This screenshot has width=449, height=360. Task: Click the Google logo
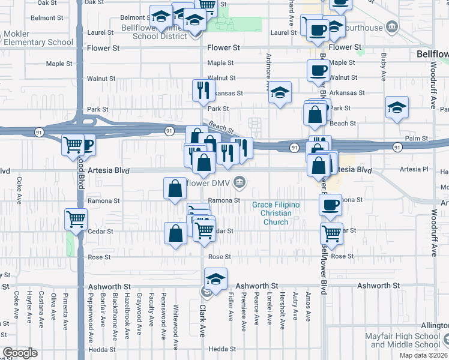20,353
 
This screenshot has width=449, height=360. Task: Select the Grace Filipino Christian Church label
276,214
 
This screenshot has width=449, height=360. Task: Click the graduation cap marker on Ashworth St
216,278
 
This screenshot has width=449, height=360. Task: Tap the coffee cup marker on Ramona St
330,205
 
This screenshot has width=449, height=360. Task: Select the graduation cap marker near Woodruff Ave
397,107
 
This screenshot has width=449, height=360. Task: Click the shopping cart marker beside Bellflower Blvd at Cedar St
331,233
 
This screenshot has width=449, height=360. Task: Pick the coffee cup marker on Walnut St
318,70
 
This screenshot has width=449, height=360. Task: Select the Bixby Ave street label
382,67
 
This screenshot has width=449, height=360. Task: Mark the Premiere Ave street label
243,317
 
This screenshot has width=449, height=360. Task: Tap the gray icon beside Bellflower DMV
240,182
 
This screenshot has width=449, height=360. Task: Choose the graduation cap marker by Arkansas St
279,92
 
